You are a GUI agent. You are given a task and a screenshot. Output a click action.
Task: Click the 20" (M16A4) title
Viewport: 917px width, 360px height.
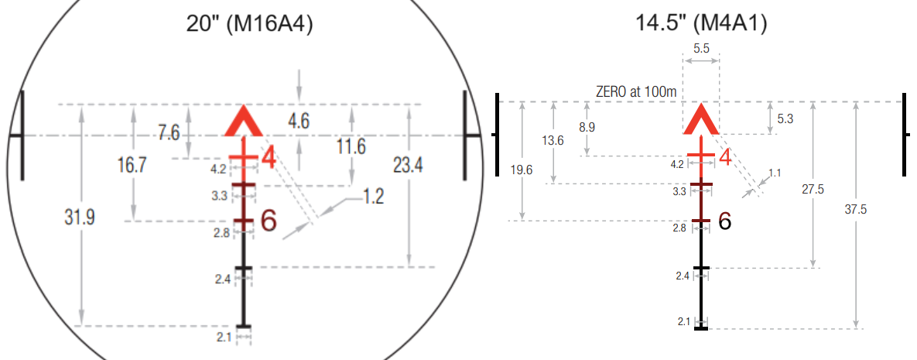248,23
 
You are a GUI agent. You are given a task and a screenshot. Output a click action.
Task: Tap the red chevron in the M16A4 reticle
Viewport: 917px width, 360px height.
244,122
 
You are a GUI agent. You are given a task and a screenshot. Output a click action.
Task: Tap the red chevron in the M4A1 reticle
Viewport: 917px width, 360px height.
701,118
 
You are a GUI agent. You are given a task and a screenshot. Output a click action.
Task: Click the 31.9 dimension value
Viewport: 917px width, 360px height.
80,218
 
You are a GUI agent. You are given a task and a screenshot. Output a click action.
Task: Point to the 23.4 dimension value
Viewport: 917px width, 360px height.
408,166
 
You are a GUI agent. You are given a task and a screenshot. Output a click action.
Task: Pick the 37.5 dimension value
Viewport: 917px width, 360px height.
855,210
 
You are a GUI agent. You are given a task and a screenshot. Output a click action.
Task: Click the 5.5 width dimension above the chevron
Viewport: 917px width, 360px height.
700,50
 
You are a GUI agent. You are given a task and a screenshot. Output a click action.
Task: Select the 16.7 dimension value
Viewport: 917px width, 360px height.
132,166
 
